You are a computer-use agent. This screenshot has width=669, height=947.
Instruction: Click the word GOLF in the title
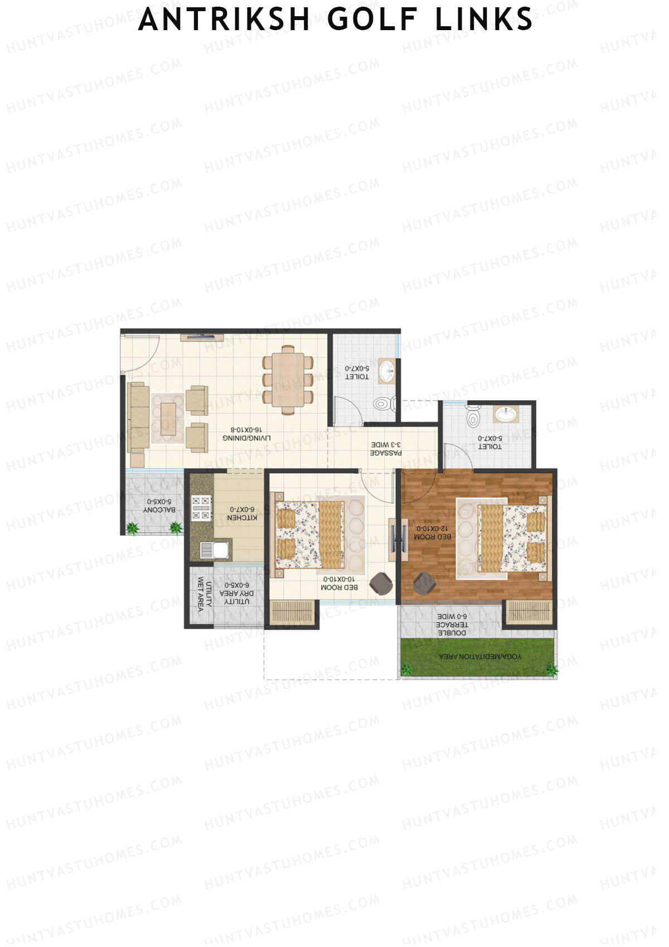(x=372, y=20)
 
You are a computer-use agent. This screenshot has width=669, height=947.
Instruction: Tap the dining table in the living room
(x=288, y=380)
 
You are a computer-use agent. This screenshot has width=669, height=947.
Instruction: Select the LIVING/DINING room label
(x=247, y=434)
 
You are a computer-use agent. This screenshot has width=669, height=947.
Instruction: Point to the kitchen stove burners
(x=201, y=508)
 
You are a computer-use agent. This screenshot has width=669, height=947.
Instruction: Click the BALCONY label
(x=159, y=506)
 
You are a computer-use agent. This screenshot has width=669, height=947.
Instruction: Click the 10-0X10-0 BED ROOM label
(x=339, y=584)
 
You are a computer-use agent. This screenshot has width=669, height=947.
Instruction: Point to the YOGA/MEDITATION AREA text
(x=481, y=657)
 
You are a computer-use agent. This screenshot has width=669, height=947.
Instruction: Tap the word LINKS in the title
(x=483, y=20)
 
